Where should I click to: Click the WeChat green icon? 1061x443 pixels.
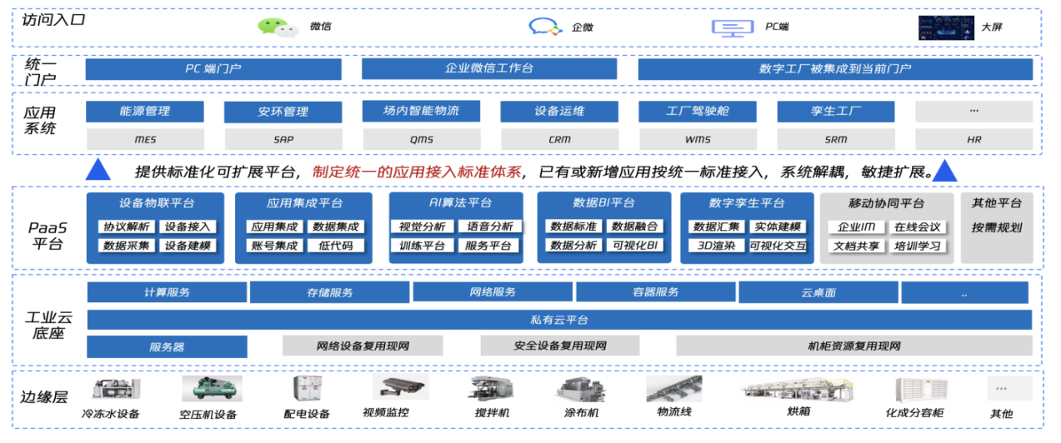tap(278, 27)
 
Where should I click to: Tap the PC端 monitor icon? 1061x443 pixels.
tap(733, 27)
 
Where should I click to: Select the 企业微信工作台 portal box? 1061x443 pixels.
tap(489, 69)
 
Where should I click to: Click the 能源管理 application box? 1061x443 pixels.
tap(133, 111)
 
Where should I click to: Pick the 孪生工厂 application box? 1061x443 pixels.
tap(823, 111)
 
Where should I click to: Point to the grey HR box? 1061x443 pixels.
tap(973, 140)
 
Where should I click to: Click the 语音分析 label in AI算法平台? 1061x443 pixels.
tap(489, 226)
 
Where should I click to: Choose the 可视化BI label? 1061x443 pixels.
tap(635, 246)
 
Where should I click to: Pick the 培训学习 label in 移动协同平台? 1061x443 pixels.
tap(917, 246)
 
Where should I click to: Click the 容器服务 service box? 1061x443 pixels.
tap(655, 292)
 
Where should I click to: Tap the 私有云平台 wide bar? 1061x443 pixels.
tap(559, 320)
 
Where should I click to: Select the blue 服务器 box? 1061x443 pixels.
tap(167, 346)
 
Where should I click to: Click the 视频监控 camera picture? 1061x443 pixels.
tap(399, 386)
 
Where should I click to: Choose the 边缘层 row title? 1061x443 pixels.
tap(44, 397)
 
